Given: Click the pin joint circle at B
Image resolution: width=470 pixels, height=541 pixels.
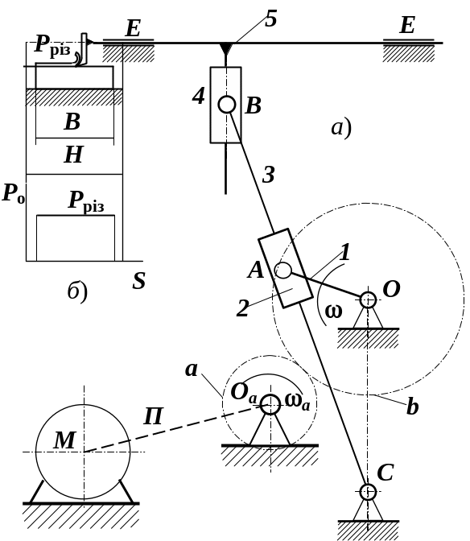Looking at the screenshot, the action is (227, 104).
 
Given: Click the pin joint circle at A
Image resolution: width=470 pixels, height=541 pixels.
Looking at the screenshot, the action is (283, 270).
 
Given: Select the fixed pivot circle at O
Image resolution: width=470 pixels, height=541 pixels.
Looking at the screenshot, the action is (368, 299).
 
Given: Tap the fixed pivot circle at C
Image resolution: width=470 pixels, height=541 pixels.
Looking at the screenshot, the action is (368, 492).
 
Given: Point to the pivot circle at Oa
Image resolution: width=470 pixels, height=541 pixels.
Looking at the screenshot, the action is (270, 404).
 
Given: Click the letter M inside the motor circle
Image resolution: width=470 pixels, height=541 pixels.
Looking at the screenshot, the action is (64, 440).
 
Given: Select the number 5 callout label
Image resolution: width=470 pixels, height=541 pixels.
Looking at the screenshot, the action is (271, 19).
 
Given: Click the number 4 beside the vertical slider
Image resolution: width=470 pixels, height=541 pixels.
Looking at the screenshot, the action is (199, 96).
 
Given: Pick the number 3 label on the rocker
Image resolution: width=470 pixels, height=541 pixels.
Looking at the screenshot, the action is (269, 175).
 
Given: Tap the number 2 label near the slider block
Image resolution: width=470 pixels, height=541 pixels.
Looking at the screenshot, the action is (242, 308).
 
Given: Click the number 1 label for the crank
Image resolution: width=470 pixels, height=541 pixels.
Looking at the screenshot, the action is (344, 252).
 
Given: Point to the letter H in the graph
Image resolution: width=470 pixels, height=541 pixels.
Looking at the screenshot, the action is (74, 155).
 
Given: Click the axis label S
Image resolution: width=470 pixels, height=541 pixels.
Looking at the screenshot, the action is (139, 281).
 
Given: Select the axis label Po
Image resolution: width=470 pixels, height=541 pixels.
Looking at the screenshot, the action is (14, 193).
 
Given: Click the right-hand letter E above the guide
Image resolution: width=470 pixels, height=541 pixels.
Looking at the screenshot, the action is (407, 25).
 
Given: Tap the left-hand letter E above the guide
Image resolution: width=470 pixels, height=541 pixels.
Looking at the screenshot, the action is (133, 28).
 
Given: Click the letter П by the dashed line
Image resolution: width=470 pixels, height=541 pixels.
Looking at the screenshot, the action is (153, 416).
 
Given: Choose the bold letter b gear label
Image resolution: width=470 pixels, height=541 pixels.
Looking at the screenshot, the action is (412, 406).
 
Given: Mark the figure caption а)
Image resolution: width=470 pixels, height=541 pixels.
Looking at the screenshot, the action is (341, 128).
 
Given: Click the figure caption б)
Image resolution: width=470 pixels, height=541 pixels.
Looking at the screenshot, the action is (77, 292).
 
